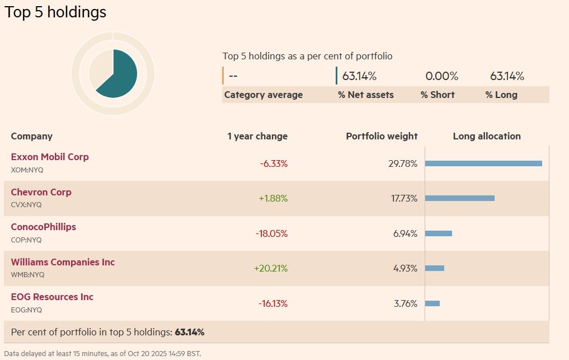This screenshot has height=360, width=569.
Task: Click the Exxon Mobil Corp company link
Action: coord(50,157)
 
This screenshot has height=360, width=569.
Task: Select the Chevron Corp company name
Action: coord(41,192)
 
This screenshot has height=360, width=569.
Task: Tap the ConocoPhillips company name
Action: coord(44,227)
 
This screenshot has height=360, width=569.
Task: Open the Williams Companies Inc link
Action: coord(63,262)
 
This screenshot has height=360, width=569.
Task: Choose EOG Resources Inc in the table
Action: coord(52,297)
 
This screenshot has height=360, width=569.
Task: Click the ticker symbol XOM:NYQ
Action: coord(26,170)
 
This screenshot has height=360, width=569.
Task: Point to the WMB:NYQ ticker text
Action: coord(27,275)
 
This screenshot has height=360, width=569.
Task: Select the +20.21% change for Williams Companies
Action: coord(271,268)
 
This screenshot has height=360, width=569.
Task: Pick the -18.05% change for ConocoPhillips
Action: coord(271,233)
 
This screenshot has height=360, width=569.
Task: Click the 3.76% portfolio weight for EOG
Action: coord(405,303)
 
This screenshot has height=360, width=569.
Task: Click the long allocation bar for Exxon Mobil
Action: coord(483,163)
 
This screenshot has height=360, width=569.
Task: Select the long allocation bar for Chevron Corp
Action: coord(460,198)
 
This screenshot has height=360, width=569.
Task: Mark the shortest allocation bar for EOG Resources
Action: coord(432,303)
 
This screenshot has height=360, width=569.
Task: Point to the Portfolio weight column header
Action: coord(382,136)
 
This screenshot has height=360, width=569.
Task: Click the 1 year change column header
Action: coord(257,136)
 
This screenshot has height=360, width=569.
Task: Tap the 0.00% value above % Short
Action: coord(441,76)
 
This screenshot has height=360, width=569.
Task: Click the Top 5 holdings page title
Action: coord(55,12)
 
